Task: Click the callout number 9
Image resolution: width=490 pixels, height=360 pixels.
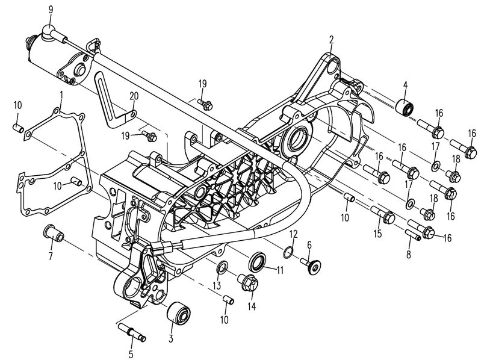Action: [x=50, y=9]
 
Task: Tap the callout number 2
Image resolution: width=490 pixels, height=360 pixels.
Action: [x=331, y=40]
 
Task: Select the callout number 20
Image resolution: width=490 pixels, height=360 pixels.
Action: [x=133, y=96]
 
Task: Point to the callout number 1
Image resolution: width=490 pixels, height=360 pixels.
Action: [x=61, y=95]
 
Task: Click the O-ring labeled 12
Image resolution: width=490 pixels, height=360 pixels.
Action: [x=288, y=250]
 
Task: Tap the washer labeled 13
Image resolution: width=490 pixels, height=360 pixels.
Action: [x=222, y=267]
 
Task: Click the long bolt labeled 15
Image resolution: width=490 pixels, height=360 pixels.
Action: [x=383, y=213]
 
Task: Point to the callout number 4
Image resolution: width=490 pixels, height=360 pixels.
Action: [x=405, y=84]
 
